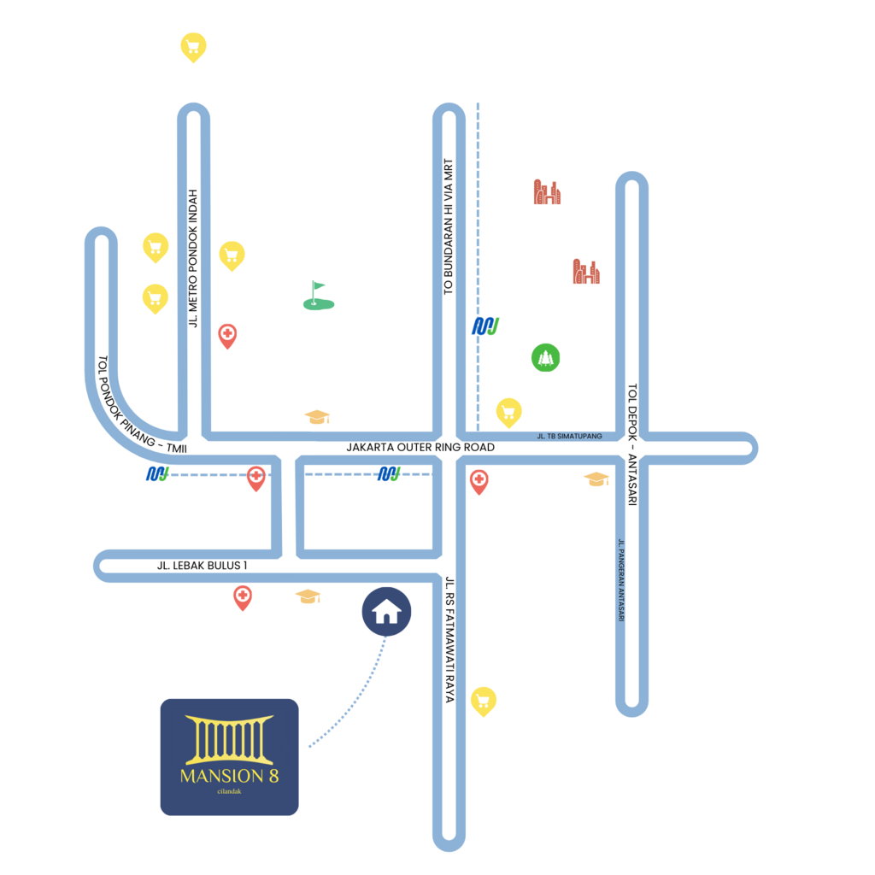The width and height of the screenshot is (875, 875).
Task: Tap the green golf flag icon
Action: click(319, 295)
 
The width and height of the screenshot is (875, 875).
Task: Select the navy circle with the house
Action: click(386, 612)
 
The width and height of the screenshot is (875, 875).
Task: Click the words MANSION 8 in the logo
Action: click(229, 776)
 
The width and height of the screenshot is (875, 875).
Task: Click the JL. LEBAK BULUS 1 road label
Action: click(202, 566)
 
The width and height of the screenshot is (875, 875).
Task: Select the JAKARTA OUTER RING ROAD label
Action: click(420, 447)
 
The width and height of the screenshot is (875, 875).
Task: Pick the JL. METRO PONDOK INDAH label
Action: click(193, 258)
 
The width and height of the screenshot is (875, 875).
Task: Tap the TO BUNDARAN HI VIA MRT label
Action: click(448, 227)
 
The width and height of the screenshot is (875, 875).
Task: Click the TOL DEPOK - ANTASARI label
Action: click(632, 445)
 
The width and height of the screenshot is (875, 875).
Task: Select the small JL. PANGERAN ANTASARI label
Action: click(622, 580)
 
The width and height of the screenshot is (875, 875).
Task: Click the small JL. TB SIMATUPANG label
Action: click(570, 436)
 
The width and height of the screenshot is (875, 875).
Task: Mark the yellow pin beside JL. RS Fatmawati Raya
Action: click(484, 702)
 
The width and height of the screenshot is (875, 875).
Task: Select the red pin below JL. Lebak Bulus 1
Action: click(243, 597)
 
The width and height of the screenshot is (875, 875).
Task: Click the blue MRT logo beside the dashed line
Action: click(486, 326)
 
